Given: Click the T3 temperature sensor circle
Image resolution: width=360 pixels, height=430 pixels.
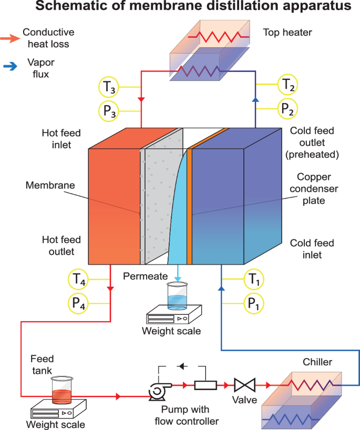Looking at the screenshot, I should pyautogui.click(x=109, y=88).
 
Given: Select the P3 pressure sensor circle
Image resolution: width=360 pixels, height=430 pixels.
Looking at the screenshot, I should pyautogui.click(x=109, y=110).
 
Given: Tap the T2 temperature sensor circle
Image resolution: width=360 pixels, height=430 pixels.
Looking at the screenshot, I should pyautogui.click(x=288, y=84).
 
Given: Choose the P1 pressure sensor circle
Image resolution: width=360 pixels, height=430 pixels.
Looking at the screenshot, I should pyautogui.click(x=254, y=303).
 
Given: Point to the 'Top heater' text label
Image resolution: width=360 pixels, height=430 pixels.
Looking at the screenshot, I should pyautogui.click(x=287, y=33).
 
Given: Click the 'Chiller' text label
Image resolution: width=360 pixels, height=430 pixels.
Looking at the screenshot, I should pyautogui.click(x=317, y=362).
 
